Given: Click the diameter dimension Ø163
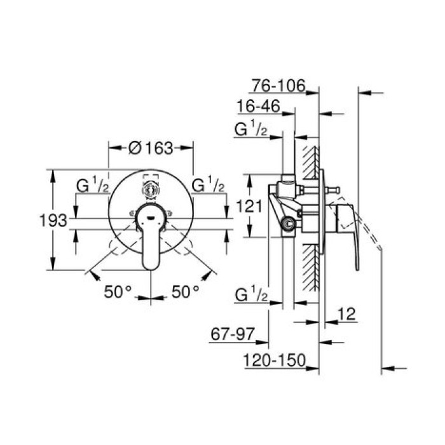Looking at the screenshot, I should (x=151, y=148).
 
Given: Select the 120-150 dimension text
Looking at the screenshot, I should (x=273, y=360).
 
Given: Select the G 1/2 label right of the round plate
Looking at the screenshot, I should (x=209, y=185).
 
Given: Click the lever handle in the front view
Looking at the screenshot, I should (x=151, y=245).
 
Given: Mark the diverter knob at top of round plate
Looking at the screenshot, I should (x=151, y=188).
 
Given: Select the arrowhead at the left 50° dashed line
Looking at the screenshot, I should (x=94, y=275).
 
